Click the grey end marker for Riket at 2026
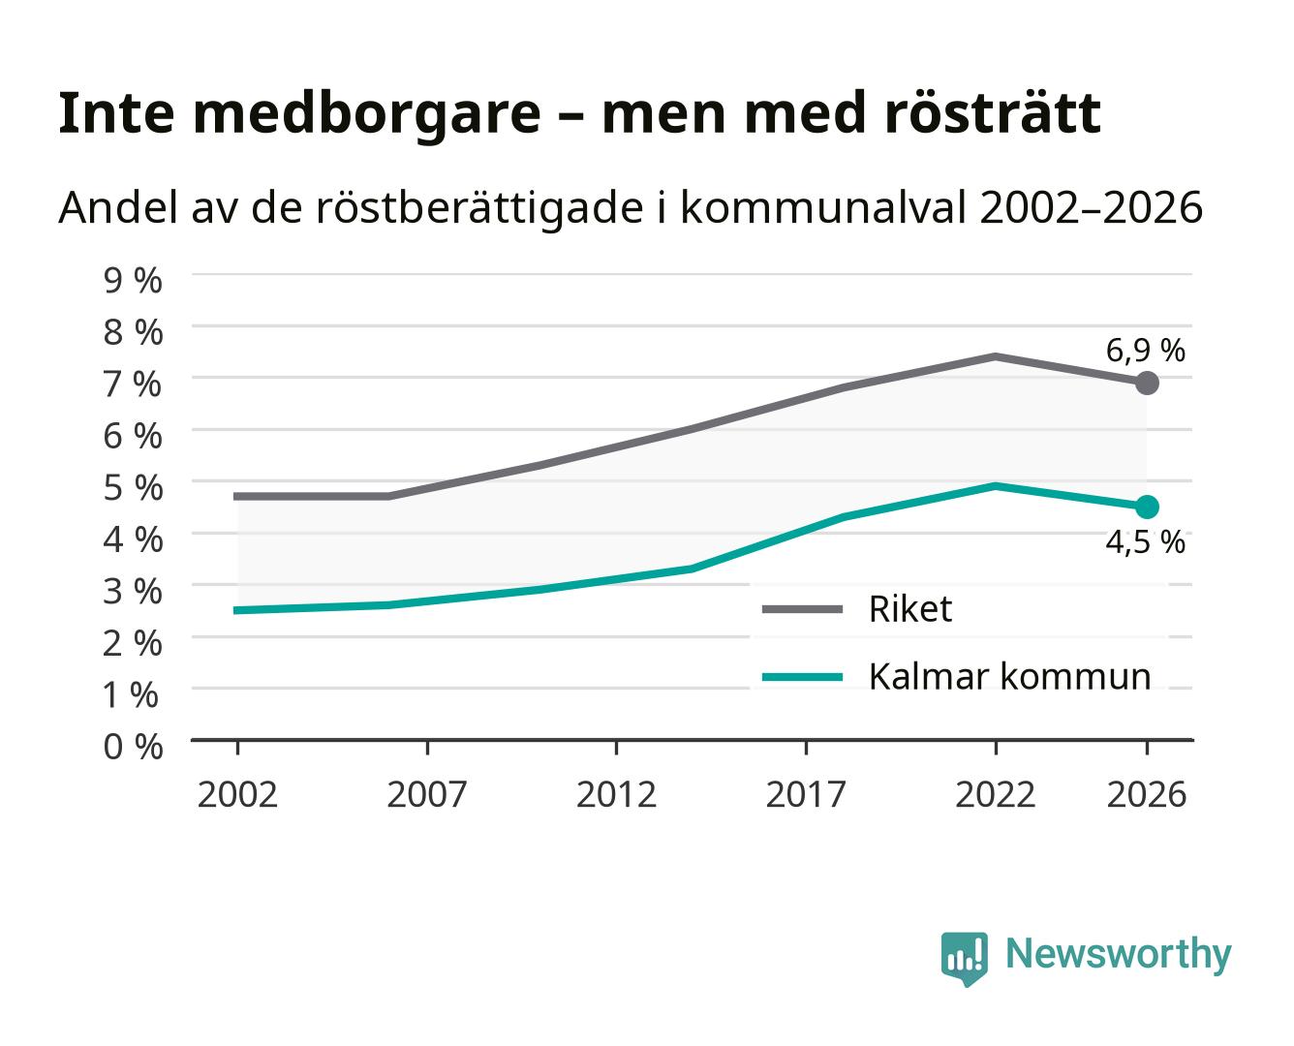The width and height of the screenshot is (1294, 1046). click(1147, 384)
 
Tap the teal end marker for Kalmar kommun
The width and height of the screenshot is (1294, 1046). click(1147, 507)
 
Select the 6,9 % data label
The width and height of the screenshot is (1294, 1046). click(1145, 351)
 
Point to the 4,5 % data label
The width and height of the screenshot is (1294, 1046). click(1145, 541)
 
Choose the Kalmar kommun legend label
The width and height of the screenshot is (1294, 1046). click(1009, 676)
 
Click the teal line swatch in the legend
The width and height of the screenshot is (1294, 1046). click(802, 677)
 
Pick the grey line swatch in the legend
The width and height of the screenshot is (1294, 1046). click(802, 609)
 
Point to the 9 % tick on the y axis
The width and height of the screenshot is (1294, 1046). click(133, 281)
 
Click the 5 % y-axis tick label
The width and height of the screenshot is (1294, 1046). click(133, 488)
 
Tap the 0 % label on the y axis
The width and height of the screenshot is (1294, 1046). click(133, 747)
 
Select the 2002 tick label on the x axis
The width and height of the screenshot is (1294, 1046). click(237, 794)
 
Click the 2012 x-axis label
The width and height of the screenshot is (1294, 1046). click(616, 794)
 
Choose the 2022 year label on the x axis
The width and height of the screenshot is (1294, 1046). click(995, 794)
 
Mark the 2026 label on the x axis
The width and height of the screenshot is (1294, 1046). click(1147, 794)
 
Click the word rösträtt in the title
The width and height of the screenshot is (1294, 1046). click(993, 113)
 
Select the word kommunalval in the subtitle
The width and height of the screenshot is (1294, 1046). click(823, 207)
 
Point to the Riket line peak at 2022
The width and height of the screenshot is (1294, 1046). click(995, 356)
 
